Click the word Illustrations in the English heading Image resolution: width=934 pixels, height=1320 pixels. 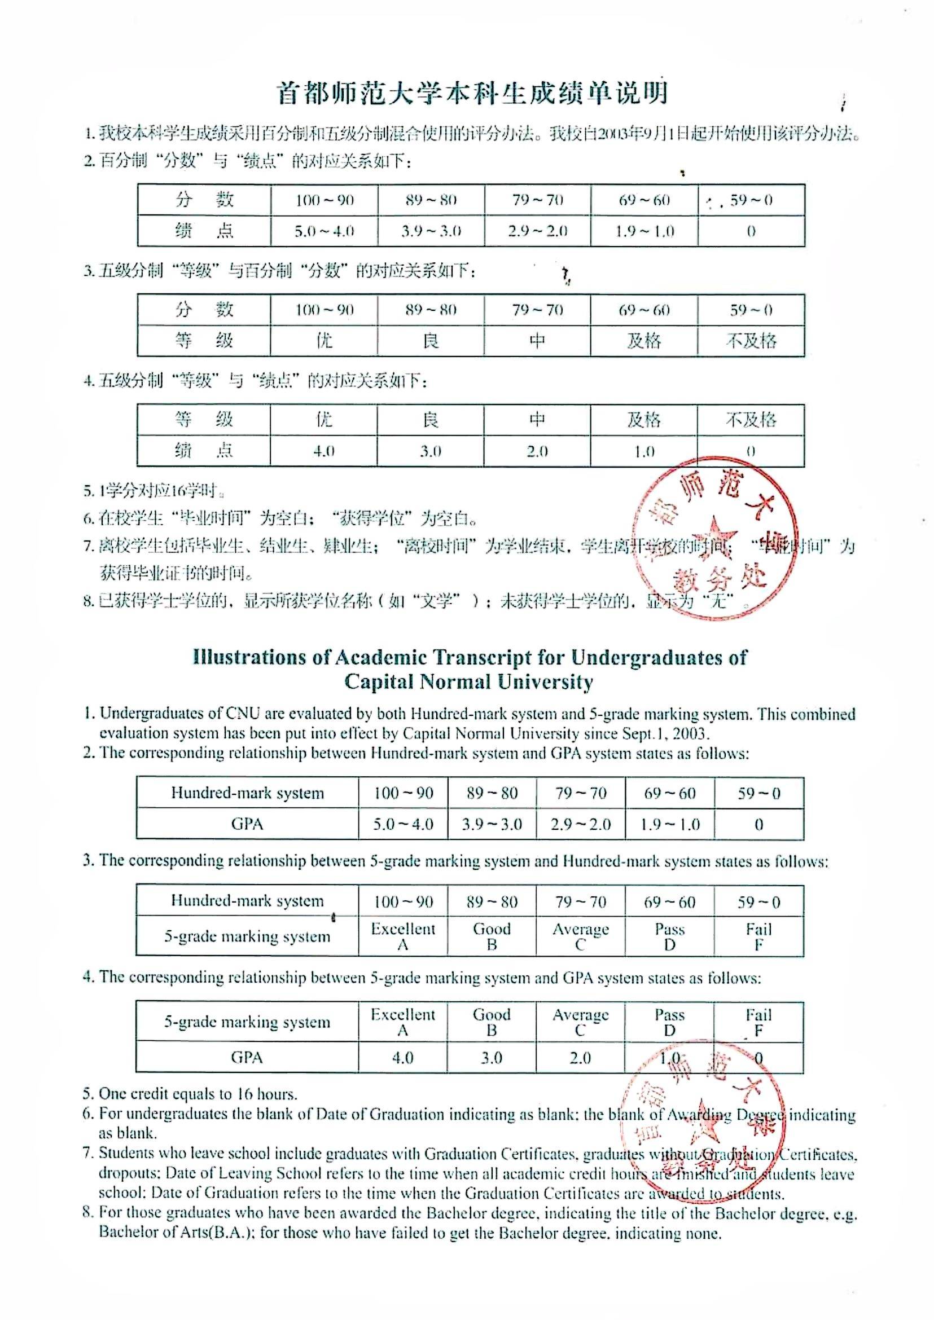[x=249, y=657]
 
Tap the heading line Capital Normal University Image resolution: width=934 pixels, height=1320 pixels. [x=469, y=682]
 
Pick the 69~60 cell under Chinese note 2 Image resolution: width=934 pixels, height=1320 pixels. [x=644, y=200]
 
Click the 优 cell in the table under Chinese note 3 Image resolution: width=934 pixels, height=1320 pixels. [x=325, y=341]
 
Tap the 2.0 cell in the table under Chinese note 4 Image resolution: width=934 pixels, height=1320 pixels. [x=537, y=451]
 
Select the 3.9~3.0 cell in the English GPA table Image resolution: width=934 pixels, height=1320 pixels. [x=492, y=824]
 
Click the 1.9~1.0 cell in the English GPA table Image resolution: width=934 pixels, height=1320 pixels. [x=670, y=824]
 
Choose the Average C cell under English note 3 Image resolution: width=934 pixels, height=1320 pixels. [x=580, y=936]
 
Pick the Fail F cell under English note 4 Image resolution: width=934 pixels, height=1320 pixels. [x=758, y=1022]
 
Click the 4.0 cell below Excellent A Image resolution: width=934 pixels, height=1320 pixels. [x=402, y=1058]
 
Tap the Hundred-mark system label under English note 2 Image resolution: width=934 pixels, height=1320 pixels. [x=247, y=793]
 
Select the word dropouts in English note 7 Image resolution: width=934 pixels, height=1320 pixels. [x=123, y=1173]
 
